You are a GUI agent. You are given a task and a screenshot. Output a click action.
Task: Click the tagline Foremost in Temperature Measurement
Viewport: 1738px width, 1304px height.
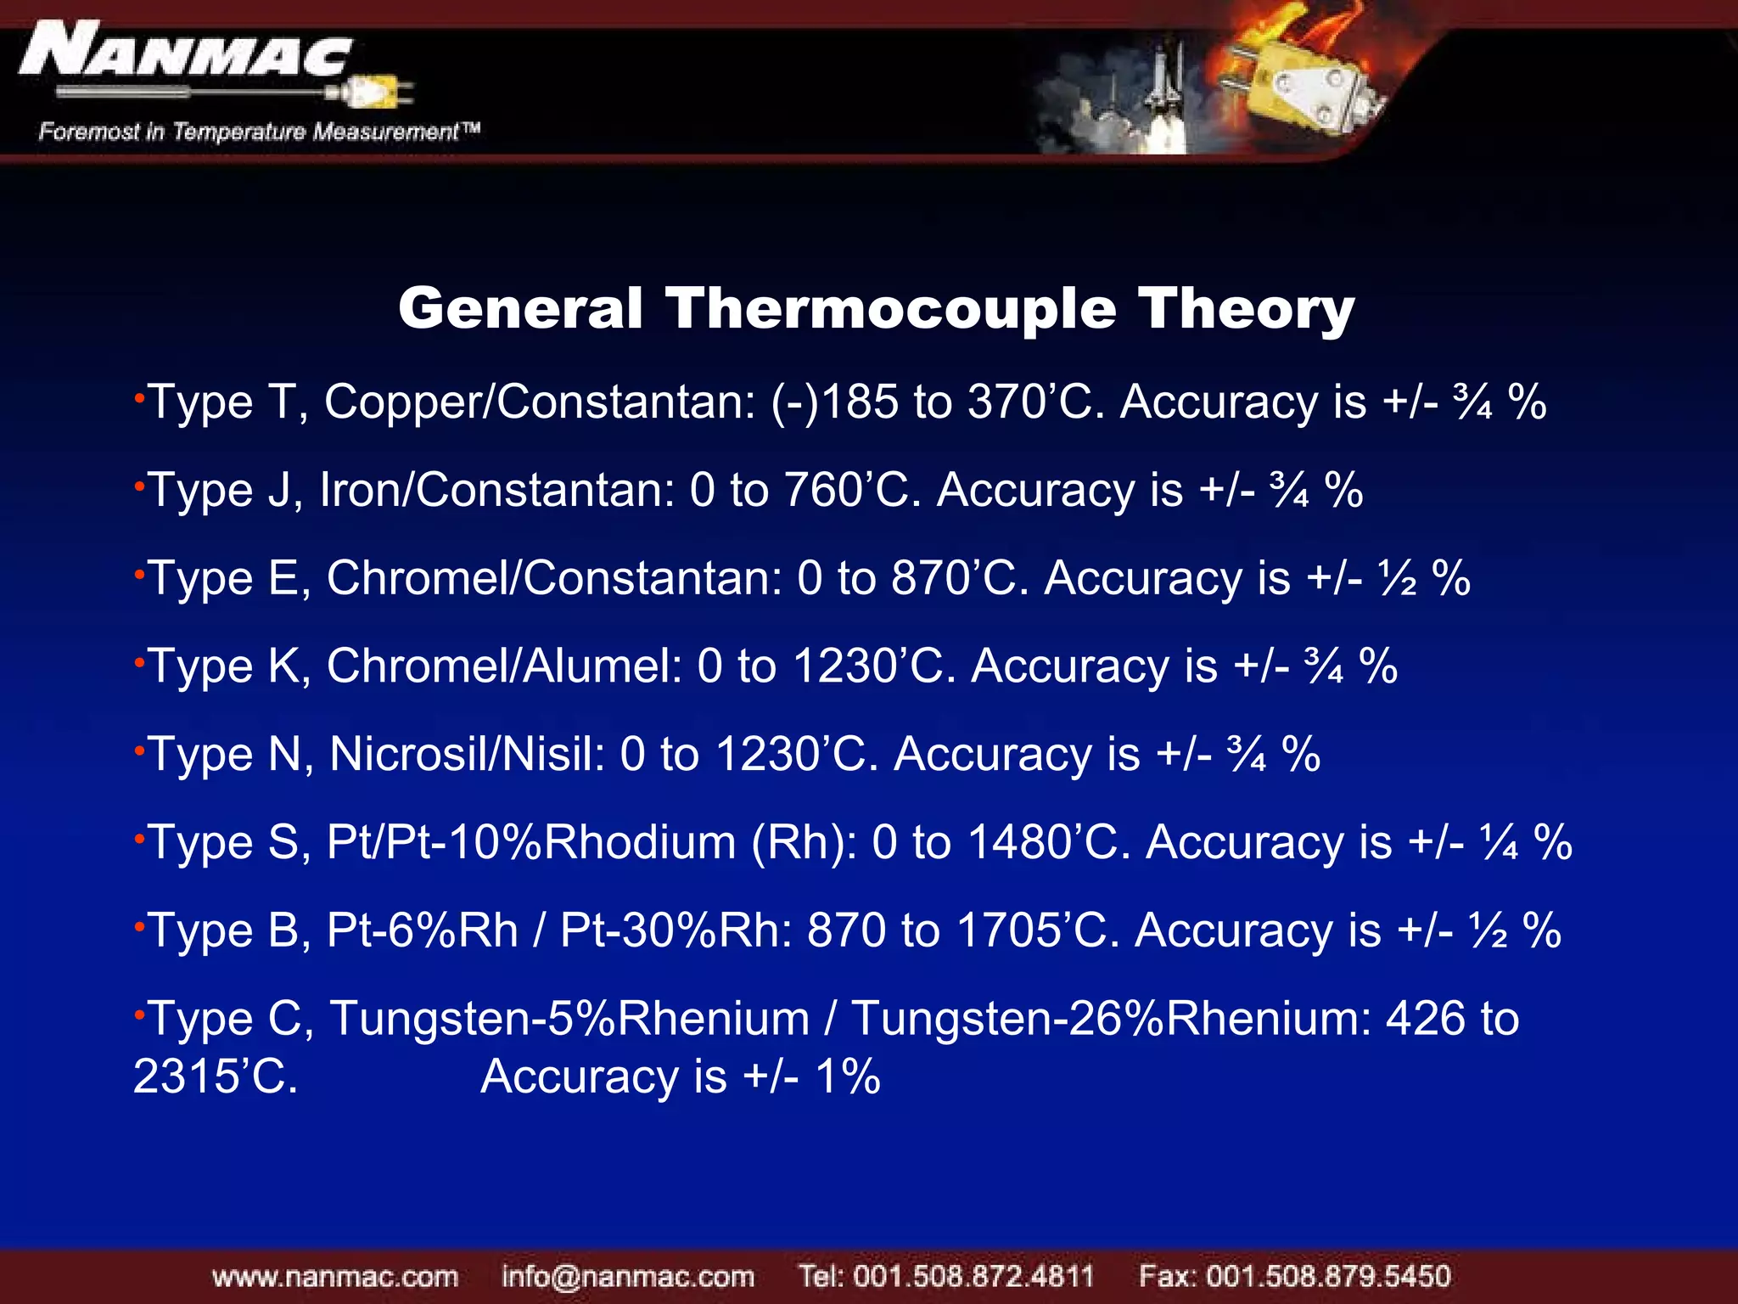(259, 132)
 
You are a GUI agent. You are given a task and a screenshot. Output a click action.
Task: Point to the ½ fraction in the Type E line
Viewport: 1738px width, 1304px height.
(1398, 578)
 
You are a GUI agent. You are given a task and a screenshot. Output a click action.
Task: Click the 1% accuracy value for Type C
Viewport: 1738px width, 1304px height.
(847, 1076)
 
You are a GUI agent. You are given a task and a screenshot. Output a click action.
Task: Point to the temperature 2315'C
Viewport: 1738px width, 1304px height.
(215, 1076)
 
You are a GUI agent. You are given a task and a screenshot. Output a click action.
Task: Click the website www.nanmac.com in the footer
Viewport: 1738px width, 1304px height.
(335, 1276)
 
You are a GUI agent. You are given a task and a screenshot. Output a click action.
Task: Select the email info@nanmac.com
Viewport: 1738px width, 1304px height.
(627, 1276)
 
